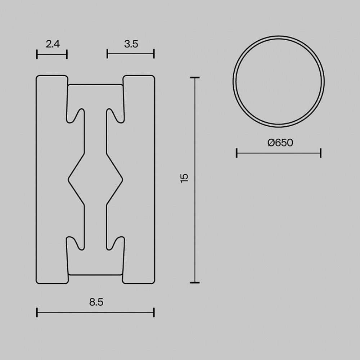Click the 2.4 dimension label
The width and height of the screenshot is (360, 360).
tap(53, 44)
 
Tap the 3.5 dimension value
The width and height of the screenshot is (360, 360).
tap(131, 44)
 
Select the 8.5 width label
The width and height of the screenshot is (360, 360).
tap(96, 302)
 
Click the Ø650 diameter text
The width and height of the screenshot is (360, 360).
tap(280, 143)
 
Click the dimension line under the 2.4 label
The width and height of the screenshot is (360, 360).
tap(52, 54)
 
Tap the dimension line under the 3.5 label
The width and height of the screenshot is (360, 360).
tap(131, 54)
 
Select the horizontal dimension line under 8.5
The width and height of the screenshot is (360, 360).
tap(95, 312)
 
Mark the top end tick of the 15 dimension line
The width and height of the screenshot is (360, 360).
tap(195, 77)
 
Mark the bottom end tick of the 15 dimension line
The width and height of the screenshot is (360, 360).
tap(195, 283)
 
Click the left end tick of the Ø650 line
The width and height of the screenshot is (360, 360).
tap(237, 153)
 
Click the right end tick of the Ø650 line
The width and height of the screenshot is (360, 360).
tap(320, 153)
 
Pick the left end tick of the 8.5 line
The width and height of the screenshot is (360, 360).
tap(37, 312)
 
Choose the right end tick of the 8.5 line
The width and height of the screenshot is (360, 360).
tap(154, 312)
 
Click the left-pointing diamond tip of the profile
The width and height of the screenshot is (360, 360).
tap(69, 177)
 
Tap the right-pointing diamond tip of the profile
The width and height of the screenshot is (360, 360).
tap(122, 177)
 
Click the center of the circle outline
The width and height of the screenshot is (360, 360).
tap(279, 81)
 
